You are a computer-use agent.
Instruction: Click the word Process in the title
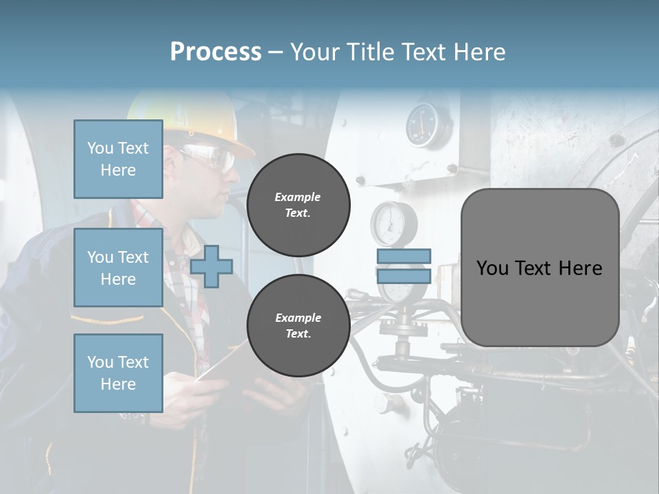coord(216,51)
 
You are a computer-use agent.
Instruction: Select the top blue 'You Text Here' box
coord(118,159)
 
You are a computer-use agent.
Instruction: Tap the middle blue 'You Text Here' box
coord(118,268)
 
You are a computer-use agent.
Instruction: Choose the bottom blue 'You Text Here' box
coord(118,373)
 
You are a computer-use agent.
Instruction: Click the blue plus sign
coord(211,267)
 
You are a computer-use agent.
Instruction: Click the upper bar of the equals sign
coord(404,256)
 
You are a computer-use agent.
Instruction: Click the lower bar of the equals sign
coord(404,277)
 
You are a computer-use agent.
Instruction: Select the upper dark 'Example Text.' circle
coord(298,205)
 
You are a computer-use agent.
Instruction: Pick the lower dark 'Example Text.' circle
coord(298,325)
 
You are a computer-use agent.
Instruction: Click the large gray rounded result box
coord(540,267)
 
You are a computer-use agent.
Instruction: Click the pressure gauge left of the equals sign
coord(389,223)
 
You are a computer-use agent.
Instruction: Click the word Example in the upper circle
coord(298,197)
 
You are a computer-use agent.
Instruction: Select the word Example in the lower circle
coord(298,318)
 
